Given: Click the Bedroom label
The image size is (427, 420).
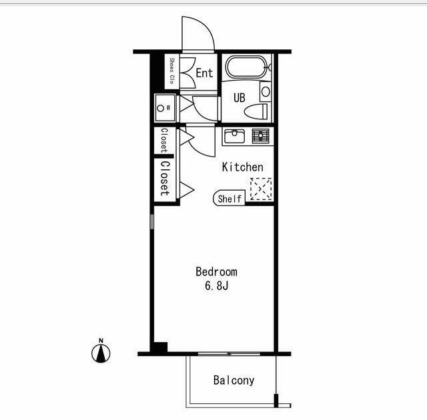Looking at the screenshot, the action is tap(216, 272).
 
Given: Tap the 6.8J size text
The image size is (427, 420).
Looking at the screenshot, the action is tap(216, 285).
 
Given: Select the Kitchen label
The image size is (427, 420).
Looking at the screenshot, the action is tap(243, 167).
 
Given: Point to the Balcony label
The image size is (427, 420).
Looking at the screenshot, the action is tap(234, 380).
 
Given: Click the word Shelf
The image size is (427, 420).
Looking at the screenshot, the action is tap(230, 199).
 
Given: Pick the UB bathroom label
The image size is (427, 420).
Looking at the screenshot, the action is tap(240, 97).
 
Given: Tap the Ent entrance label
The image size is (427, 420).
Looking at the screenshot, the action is tap(204, 73).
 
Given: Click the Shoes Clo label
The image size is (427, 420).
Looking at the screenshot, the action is tap(172, 71).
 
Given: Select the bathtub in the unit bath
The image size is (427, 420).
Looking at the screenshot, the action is tap(246, 67).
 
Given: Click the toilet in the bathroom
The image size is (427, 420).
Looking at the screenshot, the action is tap(256, 111).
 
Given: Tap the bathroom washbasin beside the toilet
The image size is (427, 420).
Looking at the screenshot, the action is tap(266, 92).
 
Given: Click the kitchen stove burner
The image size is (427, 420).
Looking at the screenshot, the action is tap(261, 136).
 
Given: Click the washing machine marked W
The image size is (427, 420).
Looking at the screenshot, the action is tap(165, 108).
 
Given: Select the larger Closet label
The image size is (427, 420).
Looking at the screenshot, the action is tap(165, 179).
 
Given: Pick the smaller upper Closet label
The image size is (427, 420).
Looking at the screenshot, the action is tap(164, 141).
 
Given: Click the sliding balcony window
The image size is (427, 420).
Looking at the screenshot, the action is tap(229, 353).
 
